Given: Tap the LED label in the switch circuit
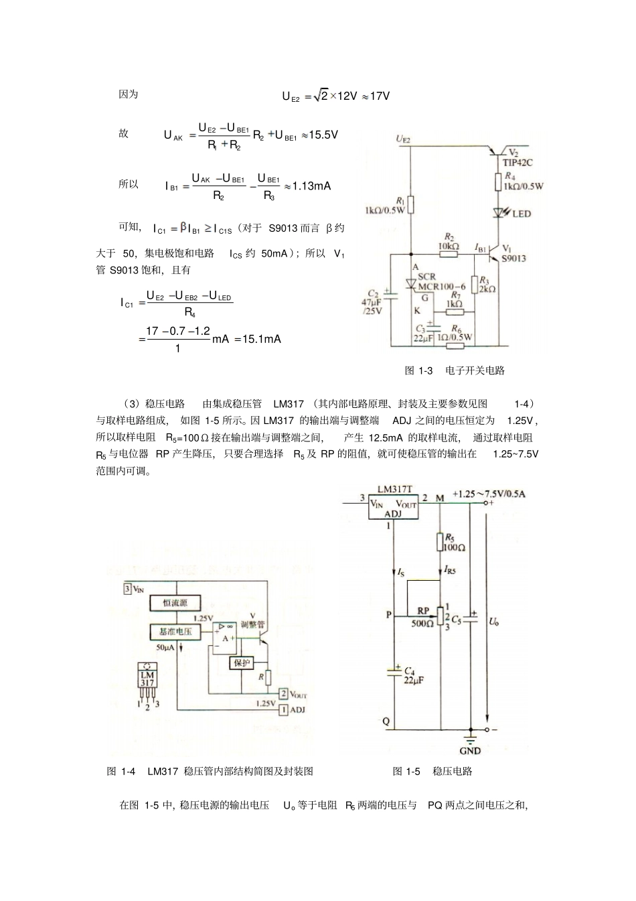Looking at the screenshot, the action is point(522,214).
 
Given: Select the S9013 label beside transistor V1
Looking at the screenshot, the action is point(513,258).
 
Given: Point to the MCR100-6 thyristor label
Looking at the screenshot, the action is point(442,287).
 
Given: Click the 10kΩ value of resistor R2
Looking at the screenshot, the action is point(449,247).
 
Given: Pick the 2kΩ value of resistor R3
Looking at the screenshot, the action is point(487,289).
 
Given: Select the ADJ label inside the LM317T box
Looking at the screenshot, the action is point(394,514).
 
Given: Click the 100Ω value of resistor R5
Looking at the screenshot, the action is point(454,547).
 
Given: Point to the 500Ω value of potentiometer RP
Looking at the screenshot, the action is point(422,623).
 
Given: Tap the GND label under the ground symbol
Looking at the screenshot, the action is point(471,751).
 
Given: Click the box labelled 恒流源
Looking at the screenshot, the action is point(175,603).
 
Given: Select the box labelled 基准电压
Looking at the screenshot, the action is point(175,632).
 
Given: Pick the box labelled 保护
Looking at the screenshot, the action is point(241,663).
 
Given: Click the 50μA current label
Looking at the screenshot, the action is point(165,648).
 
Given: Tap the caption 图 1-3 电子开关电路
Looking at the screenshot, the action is point(455,370).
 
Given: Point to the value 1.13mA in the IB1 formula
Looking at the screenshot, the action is point(313,186).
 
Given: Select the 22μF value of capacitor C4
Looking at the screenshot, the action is point(414,680).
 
